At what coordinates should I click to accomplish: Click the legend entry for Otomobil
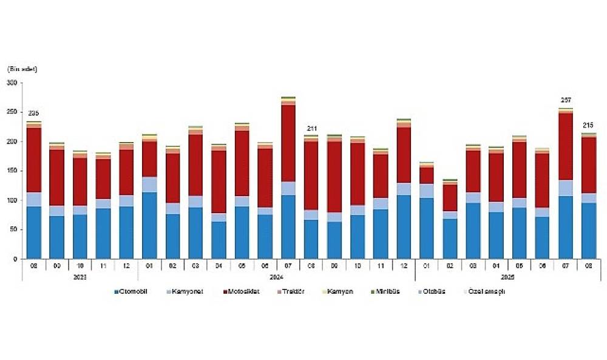pyautogui.click(x=132, y=292)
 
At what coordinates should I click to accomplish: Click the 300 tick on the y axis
pyautogui.click(x=12, y=83)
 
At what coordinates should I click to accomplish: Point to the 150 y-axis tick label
pyautogui.click(x=12, y=171)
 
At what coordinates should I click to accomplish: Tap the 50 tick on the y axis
pyautogui.click(x=14, y=230)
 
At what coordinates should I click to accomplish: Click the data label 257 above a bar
pyautogui.click(x=566, y=100)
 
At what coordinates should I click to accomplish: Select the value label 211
pyautogui.click(x=311, y=128)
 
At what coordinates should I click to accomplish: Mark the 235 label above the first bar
pyautogui.click(x=34, y=114)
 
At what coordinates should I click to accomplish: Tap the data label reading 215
pyautogui.click(x=588, y=125)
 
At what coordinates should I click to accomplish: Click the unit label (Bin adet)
pyautogui.click(x=22, y=69)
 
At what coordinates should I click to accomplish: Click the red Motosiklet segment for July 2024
pyautogui.click(x=288, y=143)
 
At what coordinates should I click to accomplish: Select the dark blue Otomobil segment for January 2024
pyautogui.click(x=149, y=225)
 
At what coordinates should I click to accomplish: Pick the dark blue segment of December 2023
pyautogui.click(x=126, y=233)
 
